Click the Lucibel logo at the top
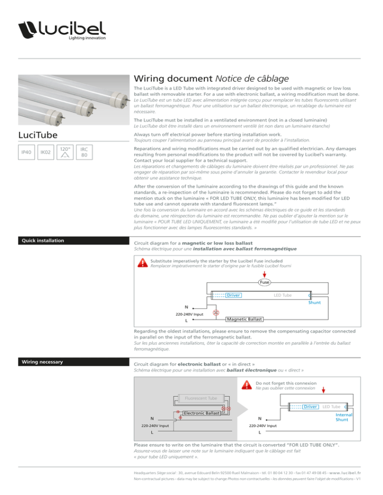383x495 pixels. [x=62, y=30]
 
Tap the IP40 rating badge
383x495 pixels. [x=26, y=152]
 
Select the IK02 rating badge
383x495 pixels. [x=45, y=152]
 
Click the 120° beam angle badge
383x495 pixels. [x=65, y=152]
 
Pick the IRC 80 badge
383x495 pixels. [x=84, y=152]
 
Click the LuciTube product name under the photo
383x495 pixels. [x=38, y=135]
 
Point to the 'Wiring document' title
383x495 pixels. [x=173, y=78]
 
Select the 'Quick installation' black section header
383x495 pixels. [x=74, y=241]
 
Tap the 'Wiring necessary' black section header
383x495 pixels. [x=74, y=362]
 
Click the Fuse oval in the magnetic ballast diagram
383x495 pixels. [x=264, y=282]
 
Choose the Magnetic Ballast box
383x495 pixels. [x=244, y=319]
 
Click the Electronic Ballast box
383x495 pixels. [x=201, y=413]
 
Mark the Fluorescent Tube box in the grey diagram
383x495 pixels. [x=201, y=398]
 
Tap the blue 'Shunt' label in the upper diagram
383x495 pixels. [x=314, y=302]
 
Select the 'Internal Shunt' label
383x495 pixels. [x=344, y=417]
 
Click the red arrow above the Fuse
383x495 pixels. [x=264, y=274]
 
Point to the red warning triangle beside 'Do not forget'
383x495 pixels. [x=247, y=385]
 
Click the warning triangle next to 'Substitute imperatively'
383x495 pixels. [x=143, y=262]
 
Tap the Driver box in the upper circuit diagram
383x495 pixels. [x=233, y=295]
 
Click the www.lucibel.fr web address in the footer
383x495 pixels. [x=345, y=473]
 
